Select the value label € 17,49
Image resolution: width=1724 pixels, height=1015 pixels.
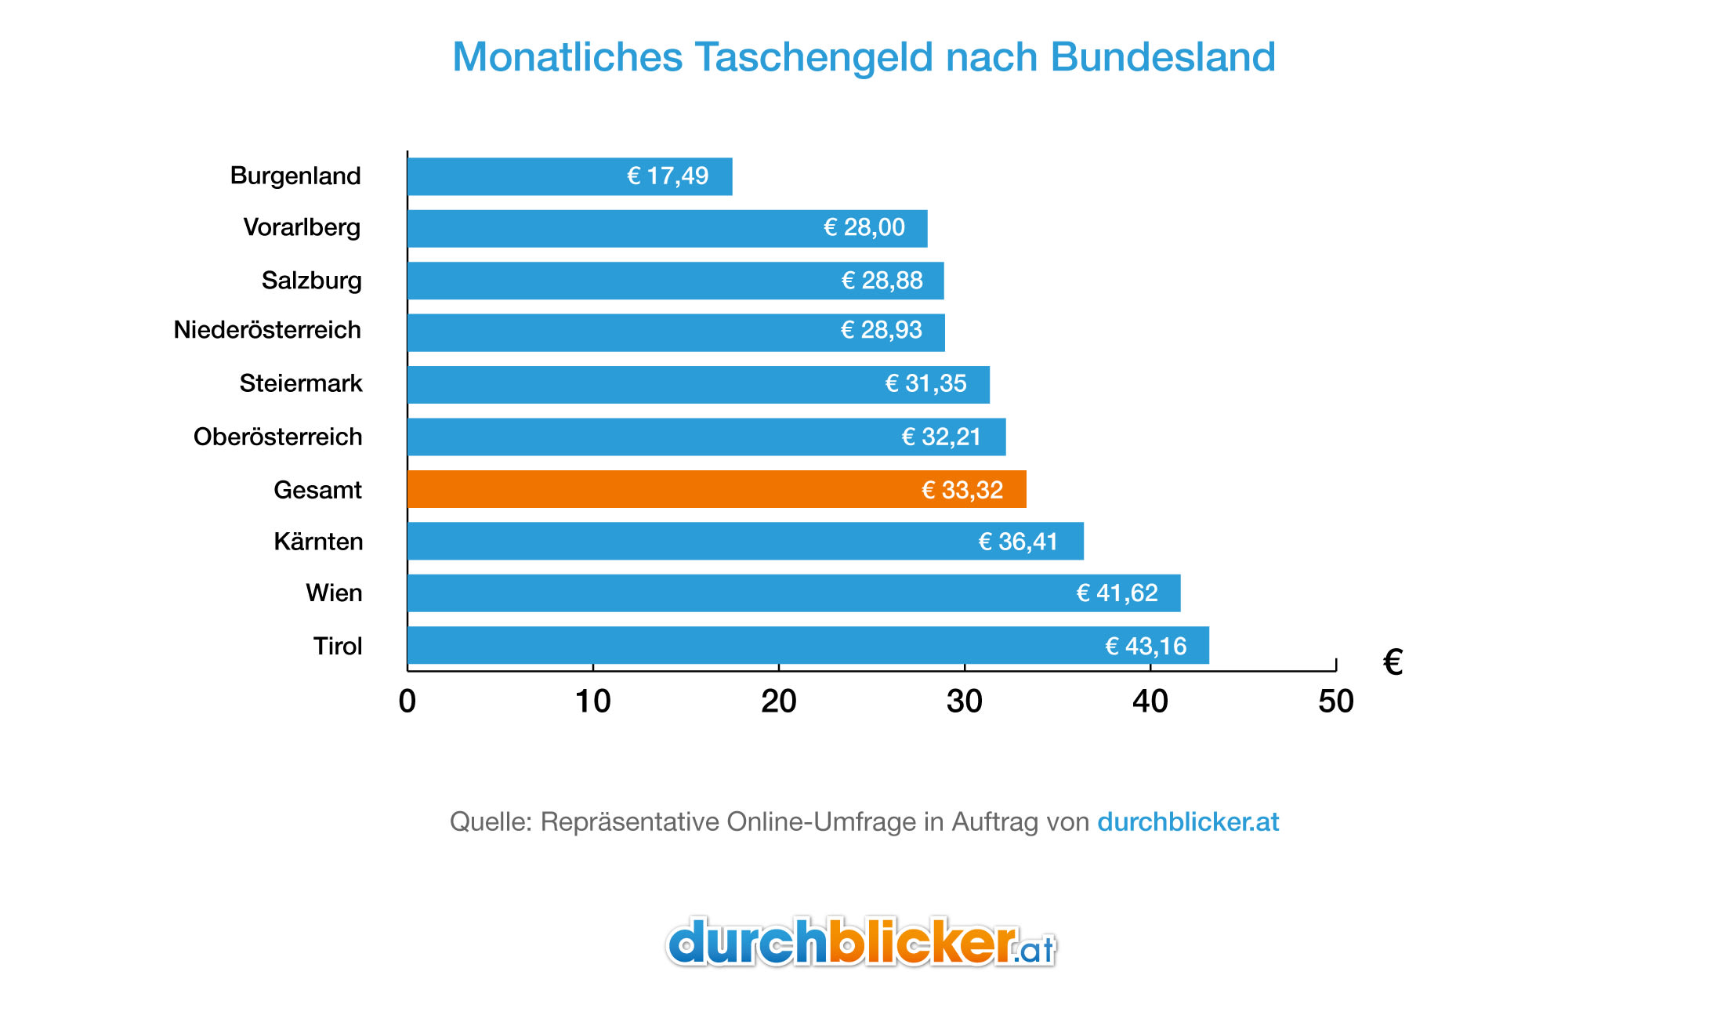(x=668, y=176)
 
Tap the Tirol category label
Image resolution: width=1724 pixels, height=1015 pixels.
(x=338, y=646)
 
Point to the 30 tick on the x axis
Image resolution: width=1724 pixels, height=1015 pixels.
(x=964, y=701)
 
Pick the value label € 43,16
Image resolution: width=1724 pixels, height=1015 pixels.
(x=1146, y=646)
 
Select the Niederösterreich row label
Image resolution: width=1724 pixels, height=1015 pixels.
(x=267, y=330)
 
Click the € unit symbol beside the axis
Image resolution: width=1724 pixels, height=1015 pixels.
(x=1393, y=663)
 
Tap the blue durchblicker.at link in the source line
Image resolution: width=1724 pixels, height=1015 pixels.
(x=1187, y=821)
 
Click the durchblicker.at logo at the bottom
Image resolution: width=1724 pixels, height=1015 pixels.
(x=860, y=943)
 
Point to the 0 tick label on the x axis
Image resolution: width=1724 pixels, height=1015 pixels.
(x=407, y=701)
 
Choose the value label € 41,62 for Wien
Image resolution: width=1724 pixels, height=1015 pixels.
(x=1117, y=593)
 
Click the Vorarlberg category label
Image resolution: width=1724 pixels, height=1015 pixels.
(x=302, y=227)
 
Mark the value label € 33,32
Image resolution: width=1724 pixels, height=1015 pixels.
(x=962, y=490)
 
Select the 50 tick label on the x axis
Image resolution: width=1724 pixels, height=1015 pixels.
(x=1335, y=701)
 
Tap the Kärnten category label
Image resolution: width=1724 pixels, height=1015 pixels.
(x=318, y=542)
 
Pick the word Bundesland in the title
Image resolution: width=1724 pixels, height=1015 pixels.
(x=1162, y=57)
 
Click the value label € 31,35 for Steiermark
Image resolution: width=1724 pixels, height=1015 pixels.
(x=925, y=383)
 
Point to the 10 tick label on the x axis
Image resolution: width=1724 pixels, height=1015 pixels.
(x=592, y=701)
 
